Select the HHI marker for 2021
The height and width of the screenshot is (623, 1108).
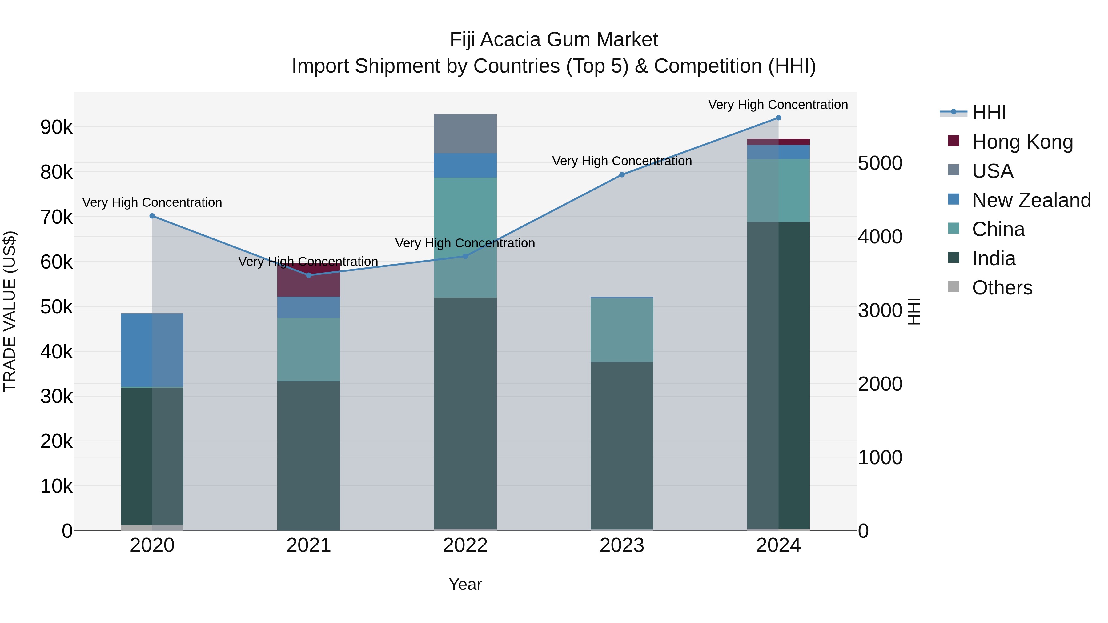click(308, 275)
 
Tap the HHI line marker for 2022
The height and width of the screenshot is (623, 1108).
click(465, 256)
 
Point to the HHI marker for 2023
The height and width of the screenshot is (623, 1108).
click(621, 174)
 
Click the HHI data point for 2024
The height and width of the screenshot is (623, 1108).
click(778, 118)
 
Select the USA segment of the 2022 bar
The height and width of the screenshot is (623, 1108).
click(465, 134)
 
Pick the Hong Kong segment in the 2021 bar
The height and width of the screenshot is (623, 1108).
click(308, 282)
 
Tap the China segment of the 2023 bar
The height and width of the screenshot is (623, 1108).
click(621, 330)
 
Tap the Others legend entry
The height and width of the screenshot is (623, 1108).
click(1002, 288)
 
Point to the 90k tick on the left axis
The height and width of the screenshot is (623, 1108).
click(56, 127)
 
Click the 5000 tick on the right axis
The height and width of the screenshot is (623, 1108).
click(880, 163)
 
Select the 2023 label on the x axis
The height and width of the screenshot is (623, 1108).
click(621, 545)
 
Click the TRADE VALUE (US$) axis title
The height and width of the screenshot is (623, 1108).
click(10, 311)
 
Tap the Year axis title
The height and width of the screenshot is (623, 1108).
click(465, 584)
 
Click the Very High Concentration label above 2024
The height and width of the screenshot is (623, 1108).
click(778, 105)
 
